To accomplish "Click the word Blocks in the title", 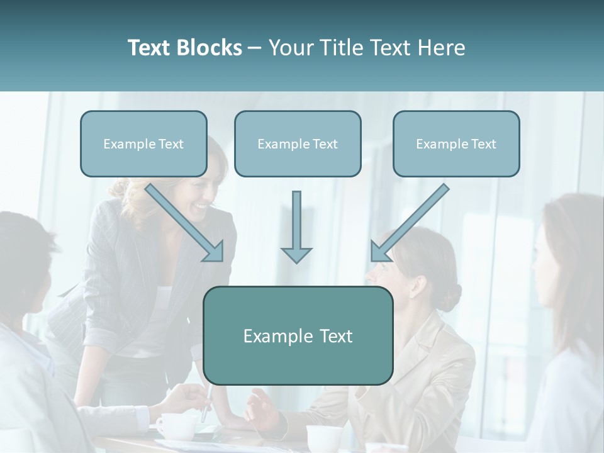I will (x=210, y=48).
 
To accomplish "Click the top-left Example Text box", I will (x=143, y=143).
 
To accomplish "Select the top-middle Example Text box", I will (x=298, y=143).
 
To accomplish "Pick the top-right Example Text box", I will (x=456, y=143).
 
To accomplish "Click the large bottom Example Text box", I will (x=298, y=335).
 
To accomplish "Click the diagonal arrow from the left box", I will (x=186, y=223).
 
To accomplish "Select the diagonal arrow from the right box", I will (x=409, y=223).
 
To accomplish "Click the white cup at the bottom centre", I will (x=325, y=438).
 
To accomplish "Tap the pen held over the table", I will (x=207, y=403).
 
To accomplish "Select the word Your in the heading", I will (x=291, y=48).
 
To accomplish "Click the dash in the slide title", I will (x=255, y=48).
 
